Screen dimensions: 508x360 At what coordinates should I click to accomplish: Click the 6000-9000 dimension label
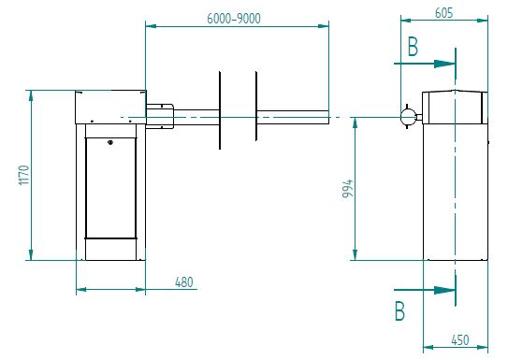[x=234, y=19]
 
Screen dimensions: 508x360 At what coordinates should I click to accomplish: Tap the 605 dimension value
[x=443, y=13]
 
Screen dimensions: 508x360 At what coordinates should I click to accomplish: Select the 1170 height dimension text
[x=24, y=175]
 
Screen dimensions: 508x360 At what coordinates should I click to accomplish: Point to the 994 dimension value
[x=347, y=188]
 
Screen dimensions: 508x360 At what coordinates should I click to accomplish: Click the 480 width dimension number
[x=184, y=282]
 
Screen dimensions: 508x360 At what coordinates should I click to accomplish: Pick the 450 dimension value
[x=460, y=340]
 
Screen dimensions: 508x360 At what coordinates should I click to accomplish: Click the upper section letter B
[x=413, y=47]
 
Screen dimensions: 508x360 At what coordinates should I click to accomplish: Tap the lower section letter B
[x=400, y=310]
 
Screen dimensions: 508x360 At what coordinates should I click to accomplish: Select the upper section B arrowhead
[x=444, y=64]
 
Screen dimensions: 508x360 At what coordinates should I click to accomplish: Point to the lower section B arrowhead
[x=444, y=290]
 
